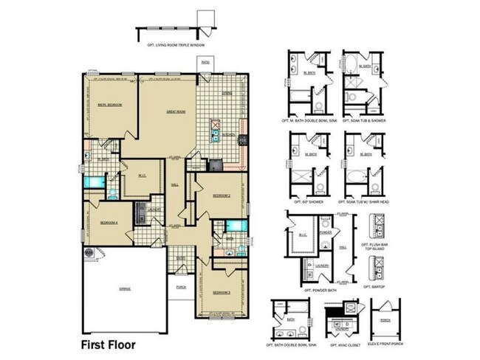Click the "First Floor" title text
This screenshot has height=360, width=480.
107,344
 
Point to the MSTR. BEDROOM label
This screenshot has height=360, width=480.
109,105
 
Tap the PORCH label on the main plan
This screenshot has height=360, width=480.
180,288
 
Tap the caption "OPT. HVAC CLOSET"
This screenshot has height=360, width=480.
344,345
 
